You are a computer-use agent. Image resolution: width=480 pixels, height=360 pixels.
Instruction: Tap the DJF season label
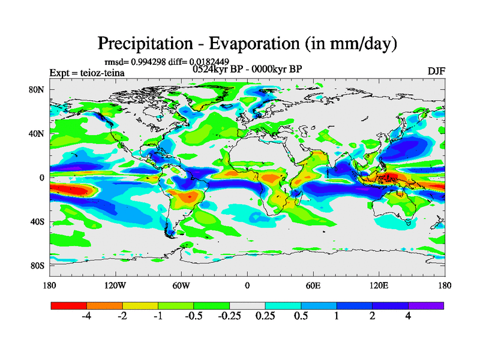pyautogui.click(x=436, y=71)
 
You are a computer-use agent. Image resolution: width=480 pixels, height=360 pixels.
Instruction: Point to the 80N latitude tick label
pyautogui.click(x=38, y=89)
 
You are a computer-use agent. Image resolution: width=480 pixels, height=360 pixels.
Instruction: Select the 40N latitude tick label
pyautogui.click(x=38, y=133)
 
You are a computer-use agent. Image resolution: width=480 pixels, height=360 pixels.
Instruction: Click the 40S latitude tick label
pyautogui.click(x=38, y=221)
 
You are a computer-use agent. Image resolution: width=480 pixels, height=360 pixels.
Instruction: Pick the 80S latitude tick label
pyautogui.click(x=38, y=265)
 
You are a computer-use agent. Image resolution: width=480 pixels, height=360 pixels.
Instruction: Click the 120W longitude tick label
pyautogui.click(x=115, y=286)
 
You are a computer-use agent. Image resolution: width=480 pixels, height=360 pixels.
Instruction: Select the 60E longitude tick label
pyautogui.click(x=313, y=286)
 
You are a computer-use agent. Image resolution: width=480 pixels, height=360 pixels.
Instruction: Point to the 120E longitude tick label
pyautogui.click(x=379, y=286)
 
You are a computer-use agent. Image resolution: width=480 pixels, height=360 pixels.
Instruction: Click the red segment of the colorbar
pyautogui.click(x=69, y=305)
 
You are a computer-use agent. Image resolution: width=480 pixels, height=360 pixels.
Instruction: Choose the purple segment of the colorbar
pyautogui.click(x=426, y=305)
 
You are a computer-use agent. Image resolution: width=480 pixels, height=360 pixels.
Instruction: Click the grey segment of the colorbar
pyautogui.click(x=247, y=305)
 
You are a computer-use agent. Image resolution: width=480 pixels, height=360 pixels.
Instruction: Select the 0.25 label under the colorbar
pyautogui.click(x=265, y=317)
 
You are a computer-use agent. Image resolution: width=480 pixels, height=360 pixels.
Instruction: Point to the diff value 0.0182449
pyautogui.click(x=209, y=61)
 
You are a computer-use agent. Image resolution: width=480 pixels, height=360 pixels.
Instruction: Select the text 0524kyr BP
pyautogui.click(x=218, y=69)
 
